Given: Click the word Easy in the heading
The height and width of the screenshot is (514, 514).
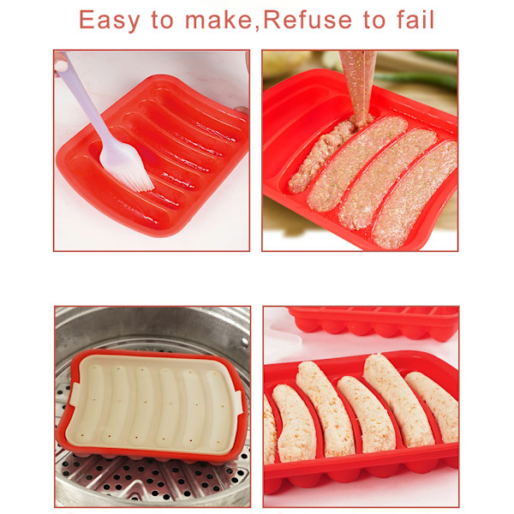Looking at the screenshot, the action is pyautogui.click(x=110, y=21).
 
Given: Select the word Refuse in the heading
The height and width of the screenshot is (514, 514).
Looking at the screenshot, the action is pyautogui.click(x=308, y=20).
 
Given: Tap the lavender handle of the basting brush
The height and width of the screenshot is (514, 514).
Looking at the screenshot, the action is pyautogui.click(x=84, y=99).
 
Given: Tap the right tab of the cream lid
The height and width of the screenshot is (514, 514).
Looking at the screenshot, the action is pyautogui.click(x=236, y=401).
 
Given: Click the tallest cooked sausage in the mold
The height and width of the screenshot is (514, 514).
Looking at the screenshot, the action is pyautogui.click(x=398, y=401).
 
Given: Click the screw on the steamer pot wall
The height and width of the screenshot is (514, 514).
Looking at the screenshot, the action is pyautogui.click(x=244, y=342).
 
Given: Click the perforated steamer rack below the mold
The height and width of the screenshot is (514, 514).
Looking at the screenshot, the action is pyautogui.click(x=154, y=479).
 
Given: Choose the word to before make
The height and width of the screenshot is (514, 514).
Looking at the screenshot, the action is pyautogui.click(x=162, y=20).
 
